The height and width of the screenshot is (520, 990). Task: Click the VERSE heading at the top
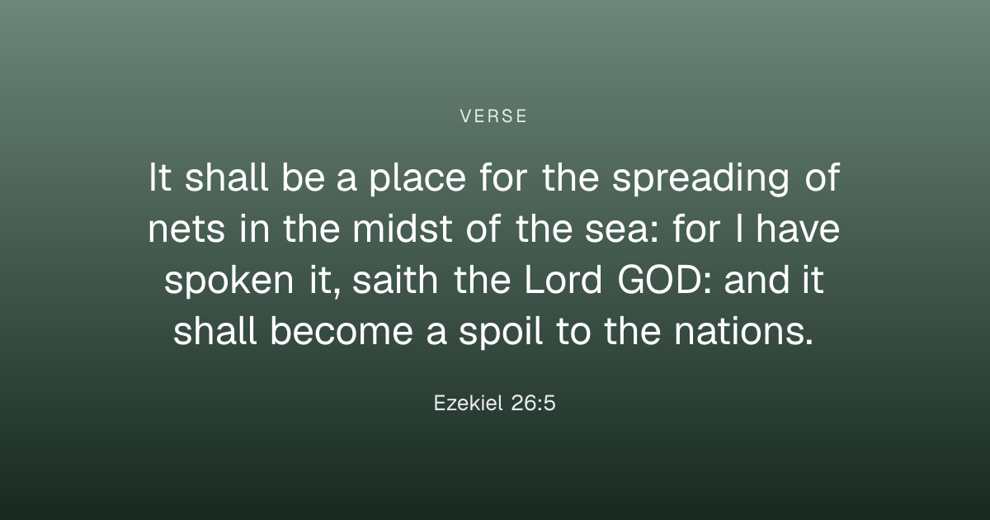(x=493, y=116)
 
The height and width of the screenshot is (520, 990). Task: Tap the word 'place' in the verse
(x=417, y=179)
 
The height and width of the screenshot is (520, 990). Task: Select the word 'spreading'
(x=700, y=179)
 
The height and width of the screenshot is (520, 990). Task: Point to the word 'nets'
(x=186, y=230)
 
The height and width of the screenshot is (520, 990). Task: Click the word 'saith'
(x=395, y=280)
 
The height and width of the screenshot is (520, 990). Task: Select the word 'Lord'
(x=563, y=280)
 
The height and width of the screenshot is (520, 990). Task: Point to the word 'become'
(x=342, y=331)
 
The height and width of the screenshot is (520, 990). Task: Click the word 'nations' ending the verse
(x=739, y=331)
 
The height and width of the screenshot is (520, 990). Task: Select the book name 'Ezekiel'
(x=468, y=404)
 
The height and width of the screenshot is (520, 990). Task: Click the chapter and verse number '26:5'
(x=533, y=404)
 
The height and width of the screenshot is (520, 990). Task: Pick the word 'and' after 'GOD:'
(x=757, y=280)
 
